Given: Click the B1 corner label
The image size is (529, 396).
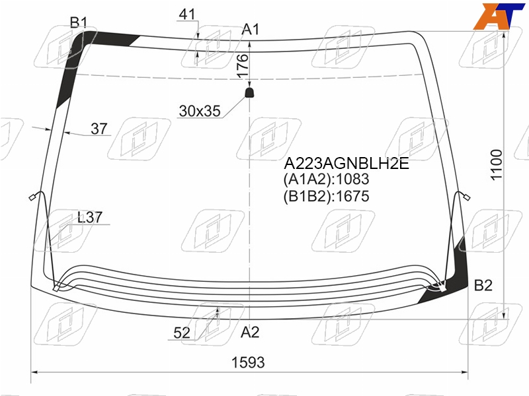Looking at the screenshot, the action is point(79,22).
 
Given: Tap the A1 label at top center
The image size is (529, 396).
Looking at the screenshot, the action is point(251,30).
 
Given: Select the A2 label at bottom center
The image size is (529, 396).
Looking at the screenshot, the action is point(250,333).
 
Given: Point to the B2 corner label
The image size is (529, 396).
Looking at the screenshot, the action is point(483,285).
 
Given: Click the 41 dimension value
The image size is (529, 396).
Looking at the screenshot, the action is point(187,14).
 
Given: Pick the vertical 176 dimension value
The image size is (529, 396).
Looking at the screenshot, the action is point(242,65).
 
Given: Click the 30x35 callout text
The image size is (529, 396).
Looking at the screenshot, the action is point(200,111).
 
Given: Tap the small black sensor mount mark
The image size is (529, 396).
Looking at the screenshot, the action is point(249,92).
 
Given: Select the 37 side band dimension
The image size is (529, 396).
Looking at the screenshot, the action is point(99,128).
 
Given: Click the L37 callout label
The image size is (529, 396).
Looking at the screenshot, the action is point(89,217).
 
